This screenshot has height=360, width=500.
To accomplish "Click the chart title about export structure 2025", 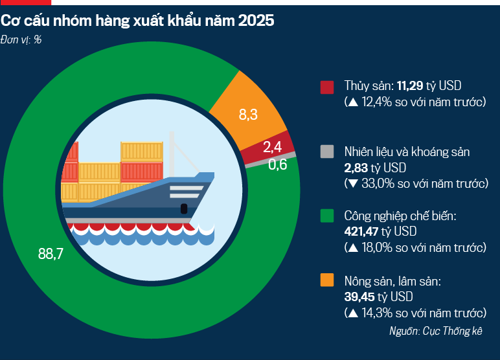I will (137, 21).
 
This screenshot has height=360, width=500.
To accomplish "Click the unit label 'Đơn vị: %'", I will (21, 40).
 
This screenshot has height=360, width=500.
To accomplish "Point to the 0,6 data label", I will (277, 164).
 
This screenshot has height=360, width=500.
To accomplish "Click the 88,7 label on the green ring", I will (51, 254).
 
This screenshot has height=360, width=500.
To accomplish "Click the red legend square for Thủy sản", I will (327, 87).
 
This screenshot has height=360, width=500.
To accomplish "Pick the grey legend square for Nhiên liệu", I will (327, 152).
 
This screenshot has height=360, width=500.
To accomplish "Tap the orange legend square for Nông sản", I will (327, 280).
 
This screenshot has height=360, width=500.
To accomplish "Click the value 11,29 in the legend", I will (411, 86).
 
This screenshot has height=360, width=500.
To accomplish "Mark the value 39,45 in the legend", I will (361, 297).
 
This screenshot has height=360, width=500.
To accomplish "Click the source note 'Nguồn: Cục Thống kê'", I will (435, 331).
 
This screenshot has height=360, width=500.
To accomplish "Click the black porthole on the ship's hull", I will (184, 208).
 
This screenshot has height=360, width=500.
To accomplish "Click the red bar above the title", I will (21, 3).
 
